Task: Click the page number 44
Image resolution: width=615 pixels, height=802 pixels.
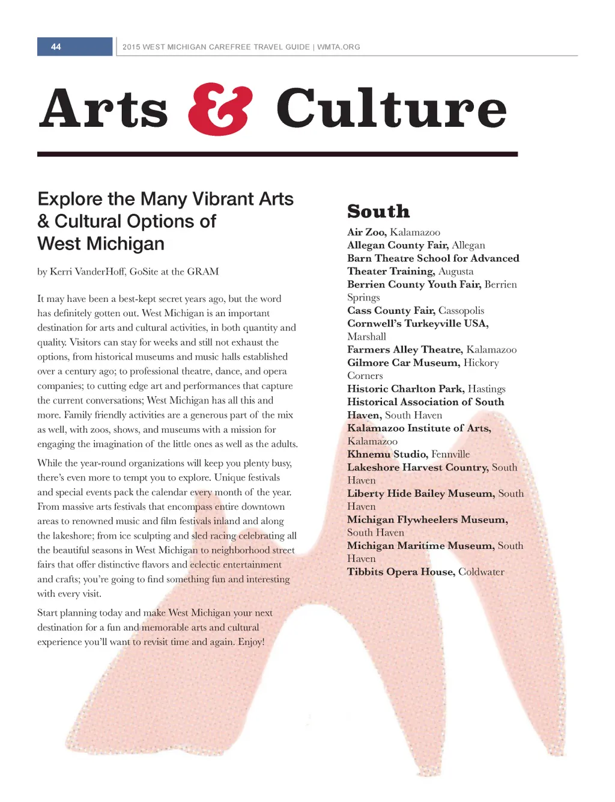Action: [56, 47]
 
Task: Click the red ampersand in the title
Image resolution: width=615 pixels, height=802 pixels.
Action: [220, 109]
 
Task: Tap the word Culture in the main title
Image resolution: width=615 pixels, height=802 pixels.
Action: [391, 109]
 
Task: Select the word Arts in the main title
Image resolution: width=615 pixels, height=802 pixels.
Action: [104, 109]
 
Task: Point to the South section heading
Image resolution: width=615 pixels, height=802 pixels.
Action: [378, 212]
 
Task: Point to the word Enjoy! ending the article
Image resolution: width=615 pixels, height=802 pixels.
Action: [251, 642]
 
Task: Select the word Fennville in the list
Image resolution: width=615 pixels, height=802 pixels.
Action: [450, 454]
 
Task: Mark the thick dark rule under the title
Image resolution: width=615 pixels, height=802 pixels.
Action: [277, 155]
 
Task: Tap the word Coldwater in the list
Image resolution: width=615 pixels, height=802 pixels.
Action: [481, 572]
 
